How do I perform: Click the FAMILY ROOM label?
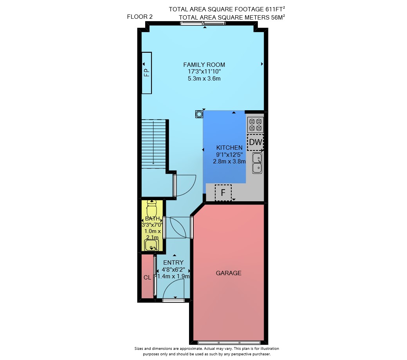pyautogui.click(x=204, y=65)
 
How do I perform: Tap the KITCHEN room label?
pyautogui.click(x=229, y=148)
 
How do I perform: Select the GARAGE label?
pyautogui.click(x=229, y=273)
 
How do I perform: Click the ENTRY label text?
pyautogui.click(x=173, y=263)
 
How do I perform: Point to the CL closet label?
pyautogui.click(x=147, y=278)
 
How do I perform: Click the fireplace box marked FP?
pyautogui.click(x=147, y=73)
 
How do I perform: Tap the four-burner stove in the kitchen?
pyautogui.click(x=256, y=125)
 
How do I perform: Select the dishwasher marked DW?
pyautogui.click(x=256, y=142)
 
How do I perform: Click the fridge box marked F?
pyautogui.click(x=223, y=193)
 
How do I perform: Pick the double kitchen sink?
pyautogui.click(x=257, y=163)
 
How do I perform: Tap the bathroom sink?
pyautogui.click(x=151, y=245)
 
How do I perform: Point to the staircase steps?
pyautogui.click(x=154, y=144)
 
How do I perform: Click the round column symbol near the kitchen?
pyautogui.click(x=199, y=114)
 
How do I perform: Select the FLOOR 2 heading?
pyautogui.click(x=140, y=17)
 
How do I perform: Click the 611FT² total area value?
pyautogui.click(x=275, y=9)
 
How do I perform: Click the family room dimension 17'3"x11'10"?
pyautogui.click(x=204, y=72)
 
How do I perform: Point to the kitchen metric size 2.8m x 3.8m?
pyautogui.click(x=229, y=161)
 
